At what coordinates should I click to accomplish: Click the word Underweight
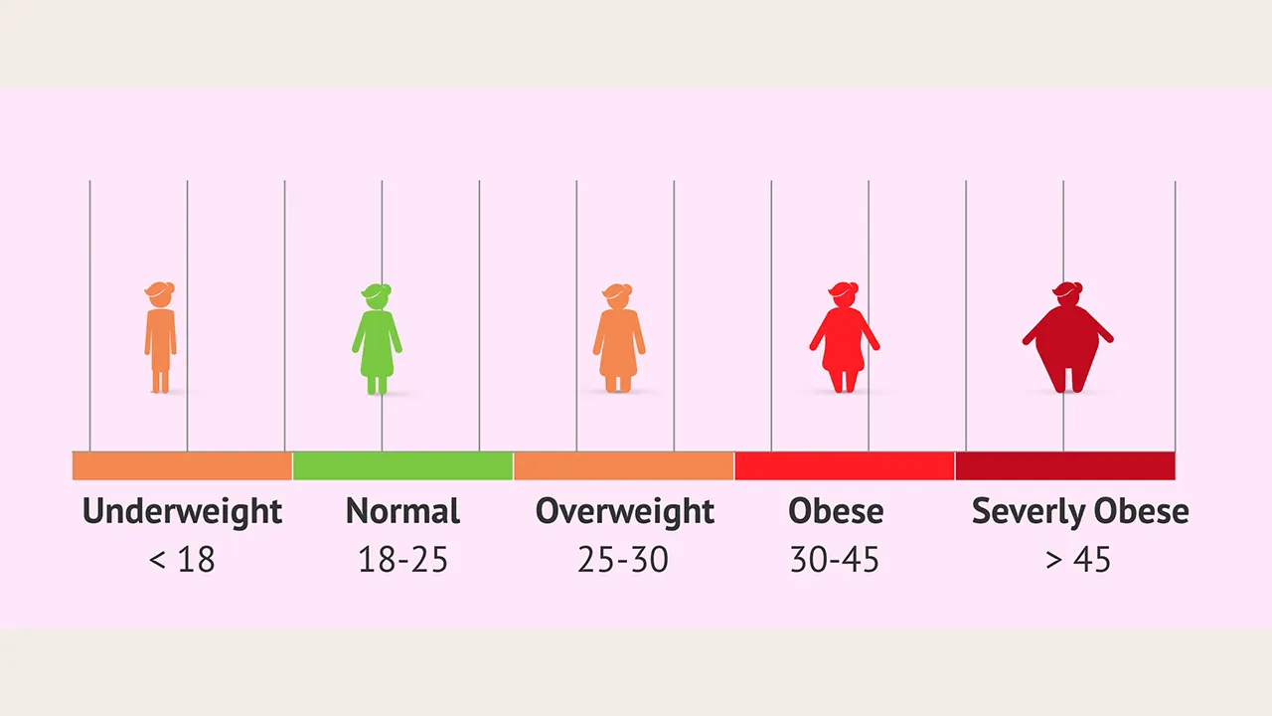pyautogui.click(x=182, y=511)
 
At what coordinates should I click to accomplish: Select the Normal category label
pyautogui.click(x=402, y=511)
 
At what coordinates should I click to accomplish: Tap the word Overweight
pyautogui.click(x=624, y=511)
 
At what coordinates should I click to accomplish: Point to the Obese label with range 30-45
pyautogui.click(x=836, y=511)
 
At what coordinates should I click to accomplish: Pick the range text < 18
pyautogui.click(x=182, y=560)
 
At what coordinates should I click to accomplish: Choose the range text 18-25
pyautogui.click(x=402, y=560)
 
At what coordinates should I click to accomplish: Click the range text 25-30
pyautogui.click(x=623, y=560)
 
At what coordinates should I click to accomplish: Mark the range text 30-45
pyautogui.click(x=835, y=560)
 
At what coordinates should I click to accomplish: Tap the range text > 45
pyautogui.click(x=1078, y=560)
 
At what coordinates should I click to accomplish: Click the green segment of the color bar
pyautogui.click(x=402, y=465)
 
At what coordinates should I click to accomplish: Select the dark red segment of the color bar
pyautogui.click(x=1065, y=465)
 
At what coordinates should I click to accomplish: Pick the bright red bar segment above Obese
pyautogui.click(x=845, y=465)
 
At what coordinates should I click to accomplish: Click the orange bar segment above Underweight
pyautogui.click(x=182, y=465)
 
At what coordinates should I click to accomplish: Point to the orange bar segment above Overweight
pyautogui.click(x=624, y=465)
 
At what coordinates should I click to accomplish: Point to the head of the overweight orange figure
pyautogui.click(x=617, y=295)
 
